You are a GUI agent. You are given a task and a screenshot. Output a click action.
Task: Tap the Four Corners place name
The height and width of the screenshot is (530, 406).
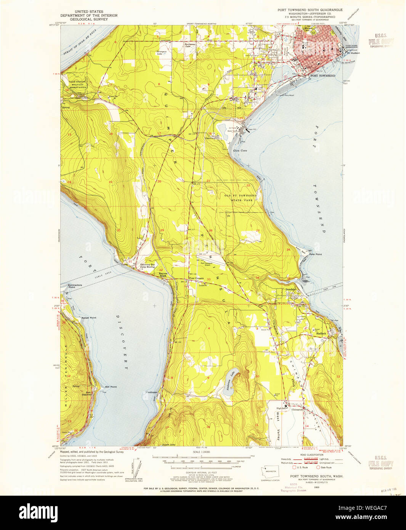196,278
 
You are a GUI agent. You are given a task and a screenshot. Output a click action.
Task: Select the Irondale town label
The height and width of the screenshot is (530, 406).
290,290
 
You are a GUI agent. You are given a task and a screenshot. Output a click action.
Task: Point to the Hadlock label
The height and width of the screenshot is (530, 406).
321,334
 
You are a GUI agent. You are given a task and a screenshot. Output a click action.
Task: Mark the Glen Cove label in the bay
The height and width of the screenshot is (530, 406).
240,151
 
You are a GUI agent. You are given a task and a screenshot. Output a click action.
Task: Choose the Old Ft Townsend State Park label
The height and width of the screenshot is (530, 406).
240,198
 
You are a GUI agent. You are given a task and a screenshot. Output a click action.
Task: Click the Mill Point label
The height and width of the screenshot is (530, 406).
111,387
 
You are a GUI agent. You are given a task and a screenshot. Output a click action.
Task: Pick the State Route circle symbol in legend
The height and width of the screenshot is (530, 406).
318,467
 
